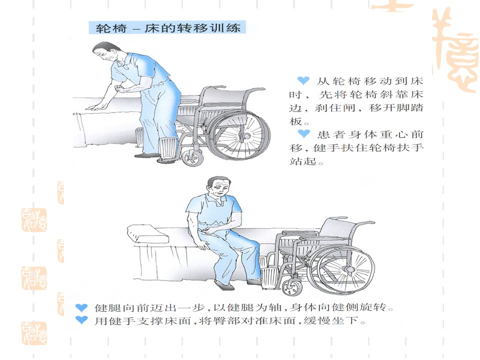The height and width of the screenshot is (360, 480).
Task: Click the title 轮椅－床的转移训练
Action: tap(168, 28)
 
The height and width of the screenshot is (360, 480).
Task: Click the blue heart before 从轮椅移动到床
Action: tap(303, 80)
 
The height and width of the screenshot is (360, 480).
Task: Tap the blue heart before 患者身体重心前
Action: tap(304, 133)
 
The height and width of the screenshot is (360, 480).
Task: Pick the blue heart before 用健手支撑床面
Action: tap(81, 320)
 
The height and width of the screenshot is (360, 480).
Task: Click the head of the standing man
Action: tap(105, 52)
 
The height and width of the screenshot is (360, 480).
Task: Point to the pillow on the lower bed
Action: tap(147, 235)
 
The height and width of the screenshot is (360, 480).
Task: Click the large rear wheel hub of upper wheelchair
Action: tap(244, 135)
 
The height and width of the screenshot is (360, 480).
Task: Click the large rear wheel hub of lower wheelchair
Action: tap(348, 269)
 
